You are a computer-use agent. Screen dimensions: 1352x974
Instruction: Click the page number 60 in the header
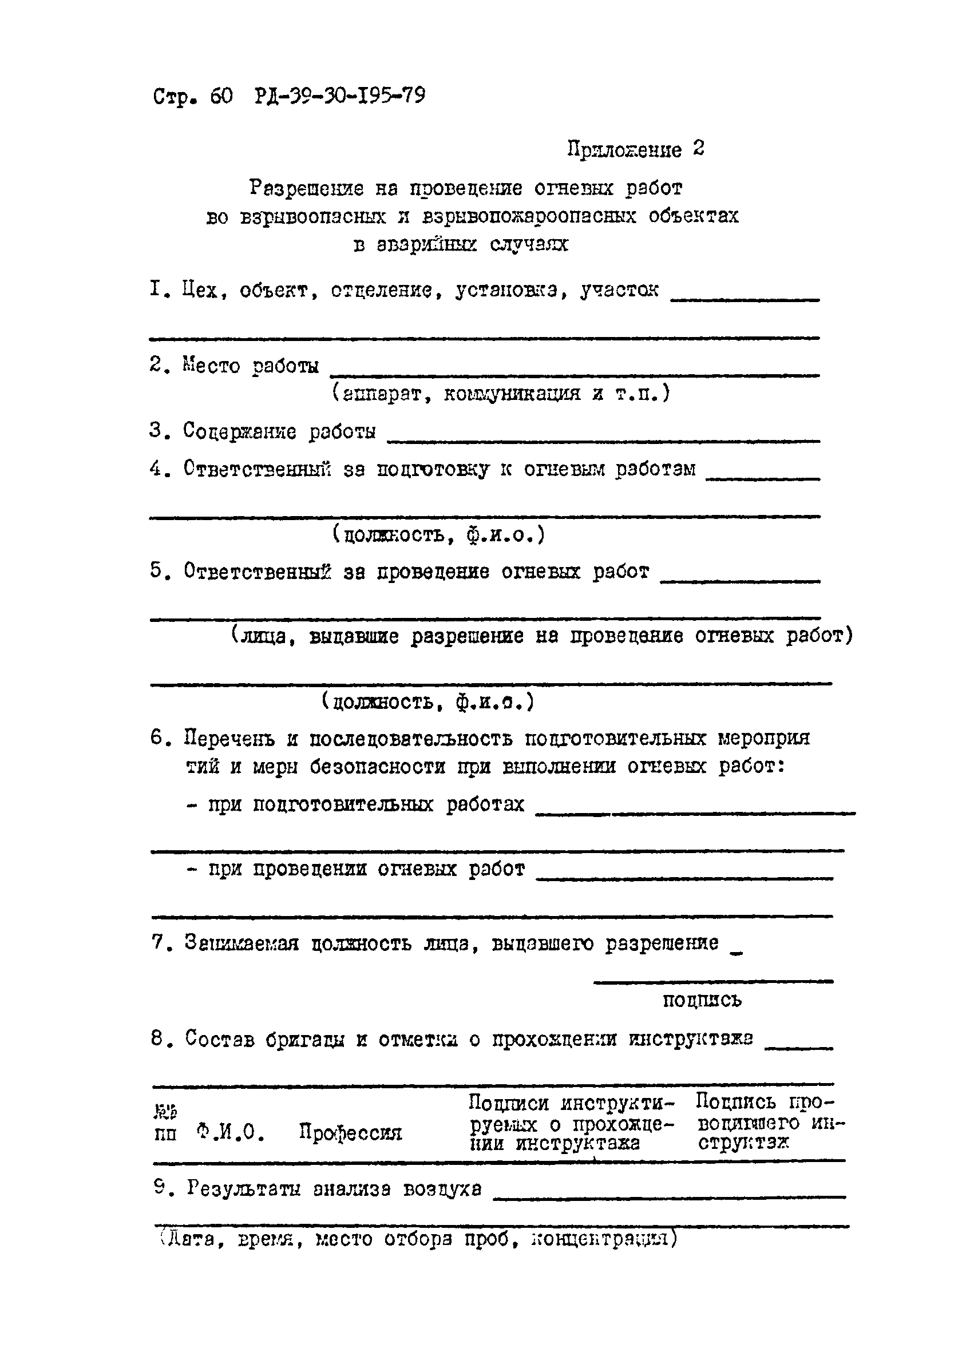(220, 97)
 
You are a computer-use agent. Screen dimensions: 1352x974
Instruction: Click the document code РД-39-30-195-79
(340, 96)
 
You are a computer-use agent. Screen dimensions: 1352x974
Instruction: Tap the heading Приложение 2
(635, 149)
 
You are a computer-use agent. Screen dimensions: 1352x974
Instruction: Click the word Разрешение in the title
(306, 188)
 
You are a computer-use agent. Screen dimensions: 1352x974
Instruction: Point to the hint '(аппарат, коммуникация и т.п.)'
(501, 394)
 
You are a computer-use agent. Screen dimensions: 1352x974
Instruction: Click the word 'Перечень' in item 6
(229, 738)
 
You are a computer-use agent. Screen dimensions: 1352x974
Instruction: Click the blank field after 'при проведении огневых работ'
(684, 877)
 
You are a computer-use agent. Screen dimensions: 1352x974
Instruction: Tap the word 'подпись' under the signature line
(702, 1000)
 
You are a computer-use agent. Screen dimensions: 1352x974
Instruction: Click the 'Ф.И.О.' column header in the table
(230, 1132)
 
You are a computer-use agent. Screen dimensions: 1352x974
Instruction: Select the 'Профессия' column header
(350, 1132)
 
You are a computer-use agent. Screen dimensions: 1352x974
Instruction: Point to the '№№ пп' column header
(165, 1123)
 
